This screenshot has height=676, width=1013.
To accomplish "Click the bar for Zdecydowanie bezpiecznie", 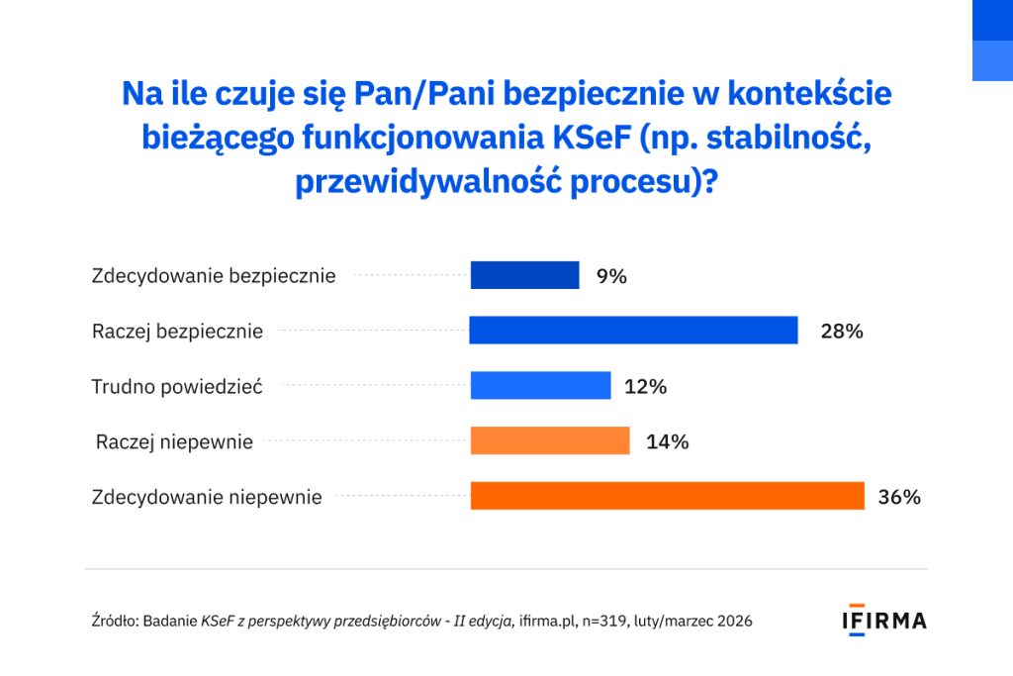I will point(524,275).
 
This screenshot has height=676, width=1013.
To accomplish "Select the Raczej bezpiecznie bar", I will point(633,331).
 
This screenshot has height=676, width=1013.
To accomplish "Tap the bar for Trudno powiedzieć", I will point(540,385).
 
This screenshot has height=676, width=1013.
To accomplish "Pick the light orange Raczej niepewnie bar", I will point(550,440).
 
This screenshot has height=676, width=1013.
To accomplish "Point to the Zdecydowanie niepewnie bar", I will point(667,496).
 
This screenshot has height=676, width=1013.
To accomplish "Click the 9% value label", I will point(611,276).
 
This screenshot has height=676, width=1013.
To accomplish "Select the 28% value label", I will point(842,332).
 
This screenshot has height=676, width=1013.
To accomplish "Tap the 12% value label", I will point(646,387).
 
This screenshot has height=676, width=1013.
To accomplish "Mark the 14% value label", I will point(667,441).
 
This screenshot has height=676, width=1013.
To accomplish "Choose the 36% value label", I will point(899,497).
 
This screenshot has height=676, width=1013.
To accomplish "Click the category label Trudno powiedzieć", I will point(177,387).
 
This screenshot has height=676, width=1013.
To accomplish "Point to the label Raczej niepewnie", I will point(174,442).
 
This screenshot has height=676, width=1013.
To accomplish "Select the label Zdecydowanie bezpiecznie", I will point(214,276).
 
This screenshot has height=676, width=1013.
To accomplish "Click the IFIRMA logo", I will point(883,621).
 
